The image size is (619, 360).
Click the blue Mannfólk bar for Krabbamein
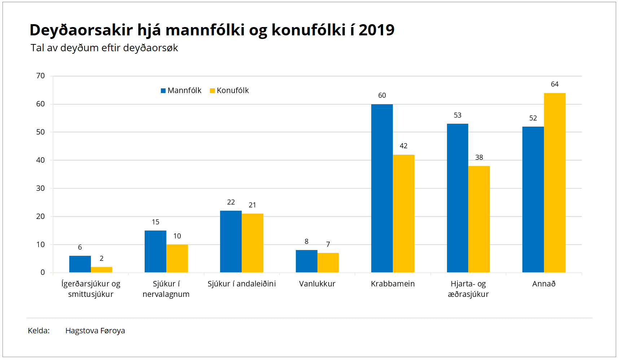coord(382,188)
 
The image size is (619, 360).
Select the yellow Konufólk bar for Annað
coord(554,183)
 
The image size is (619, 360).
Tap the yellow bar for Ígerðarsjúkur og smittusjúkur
coord(101,269)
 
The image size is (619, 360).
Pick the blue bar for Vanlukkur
coord(306,261)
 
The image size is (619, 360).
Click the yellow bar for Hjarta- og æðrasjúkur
coord(479,219)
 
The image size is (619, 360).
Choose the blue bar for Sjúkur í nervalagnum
coord(155,251)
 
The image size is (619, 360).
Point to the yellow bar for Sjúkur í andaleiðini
coord(252,243)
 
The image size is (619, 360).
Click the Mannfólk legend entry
coord(181,91)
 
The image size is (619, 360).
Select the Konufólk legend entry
coord(229,91)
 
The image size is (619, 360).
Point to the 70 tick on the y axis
coord(40,76)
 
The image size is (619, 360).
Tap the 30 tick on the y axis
coord(40,188)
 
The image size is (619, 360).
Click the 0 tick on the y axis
coord(43,272)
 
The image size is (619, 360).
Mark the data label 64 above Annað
coord(554,84)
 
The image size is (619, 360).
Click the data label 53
coord(457,115)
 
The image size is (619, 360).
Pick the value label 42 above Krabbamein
coord(403,146)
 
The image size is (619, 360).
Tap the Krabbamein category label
coord(392,284)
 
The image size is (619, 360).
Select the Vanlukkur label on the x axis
coord(317,284)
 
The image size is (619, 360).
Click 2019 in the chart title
coord(377,30)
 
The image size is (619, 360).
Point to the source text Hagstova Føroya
coord(95,331)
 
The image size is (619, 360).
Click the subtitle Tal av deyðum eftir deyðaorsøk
coord(104,48)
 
